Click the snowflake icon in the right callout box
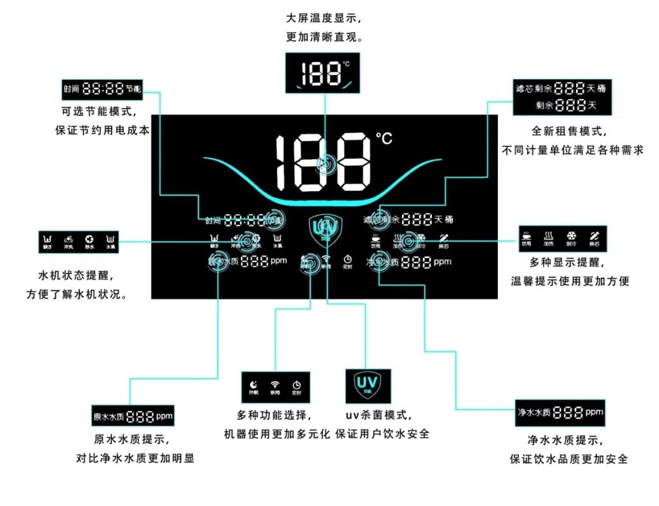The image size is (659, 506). pos(572,236)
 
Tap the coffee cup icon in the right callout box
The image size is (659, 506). pos(527,236)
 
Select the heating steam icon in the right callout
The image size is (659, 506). pos(549,236)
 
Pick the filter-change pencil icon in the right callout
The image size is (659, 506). pos(594,236)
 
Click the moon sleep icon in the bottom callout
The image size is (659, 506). pos(254,385)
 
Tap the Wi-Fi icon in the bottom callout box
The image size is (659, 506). pos(275,385)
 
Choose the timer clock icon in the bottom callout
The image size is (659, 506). pos(297,385)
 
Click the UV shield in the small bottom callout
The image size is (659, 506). pos(368,384)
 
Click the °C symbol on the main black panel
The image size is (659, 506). pos(384,139)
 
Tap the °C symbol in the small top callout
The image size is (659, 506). pos(346,64)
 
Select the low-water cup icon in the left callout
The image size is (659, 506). pos(48,238)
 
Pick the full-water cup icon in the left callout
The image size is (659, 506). pos(110,238)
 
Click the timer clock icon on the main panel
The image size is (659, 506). pos(348,259)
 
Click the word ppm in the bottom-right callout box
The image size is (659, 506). pos(594,412)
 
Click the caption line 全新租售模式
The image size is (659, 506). pos(573,131)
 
